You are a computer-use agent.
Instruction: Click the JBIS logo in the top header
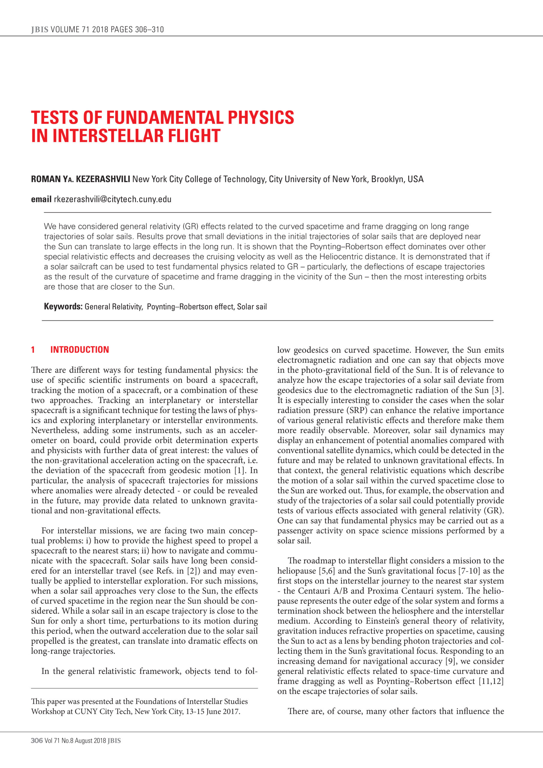[40, 29]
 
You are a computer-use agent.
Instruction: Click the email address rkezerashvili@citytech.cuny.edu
[112, 199]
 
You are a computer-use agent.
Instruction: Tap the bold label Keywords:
[63, 306]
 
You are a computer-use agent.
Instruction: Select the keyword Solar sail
[252, 306]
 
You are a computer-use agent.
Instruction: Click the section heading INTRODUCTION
[79, 349]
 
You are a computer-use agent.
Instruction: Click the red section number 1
[33, 349]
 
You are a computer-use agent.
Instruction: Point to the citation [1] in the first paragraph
[239, 470]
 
